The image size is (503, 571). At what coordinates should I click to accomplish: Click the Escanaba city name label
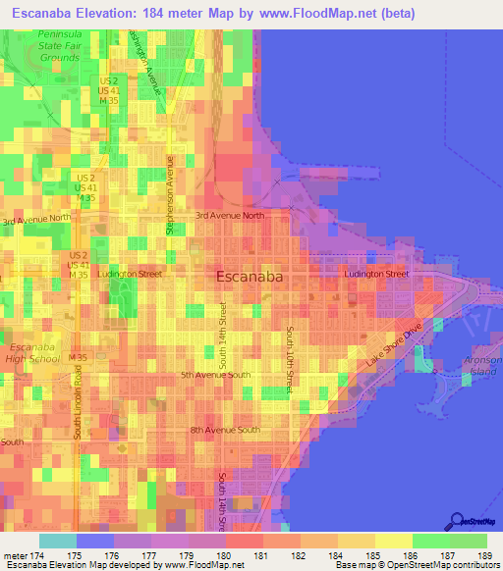250,278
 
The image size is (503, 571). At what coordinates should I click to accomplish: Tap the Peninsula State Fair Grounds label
59,46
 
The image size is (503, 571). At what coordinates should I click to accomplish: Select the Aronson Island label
482,367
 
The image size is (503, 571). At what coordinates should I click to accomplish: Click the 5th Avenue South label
215,375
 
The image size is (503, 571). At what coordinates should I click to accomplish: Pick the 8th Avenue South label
225,430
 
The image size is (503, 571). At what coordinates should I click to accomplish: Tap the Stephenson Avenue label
170,194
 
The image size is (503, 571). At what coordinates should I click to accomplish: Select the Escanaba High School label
32,354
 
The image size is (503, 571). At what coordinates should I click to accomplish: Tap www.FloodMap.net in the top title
313,14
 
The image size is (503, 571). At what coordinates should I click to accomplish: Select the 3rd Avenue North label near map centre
230,215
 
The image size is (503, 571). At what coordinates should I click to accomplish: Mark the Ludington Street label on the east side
375,274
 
